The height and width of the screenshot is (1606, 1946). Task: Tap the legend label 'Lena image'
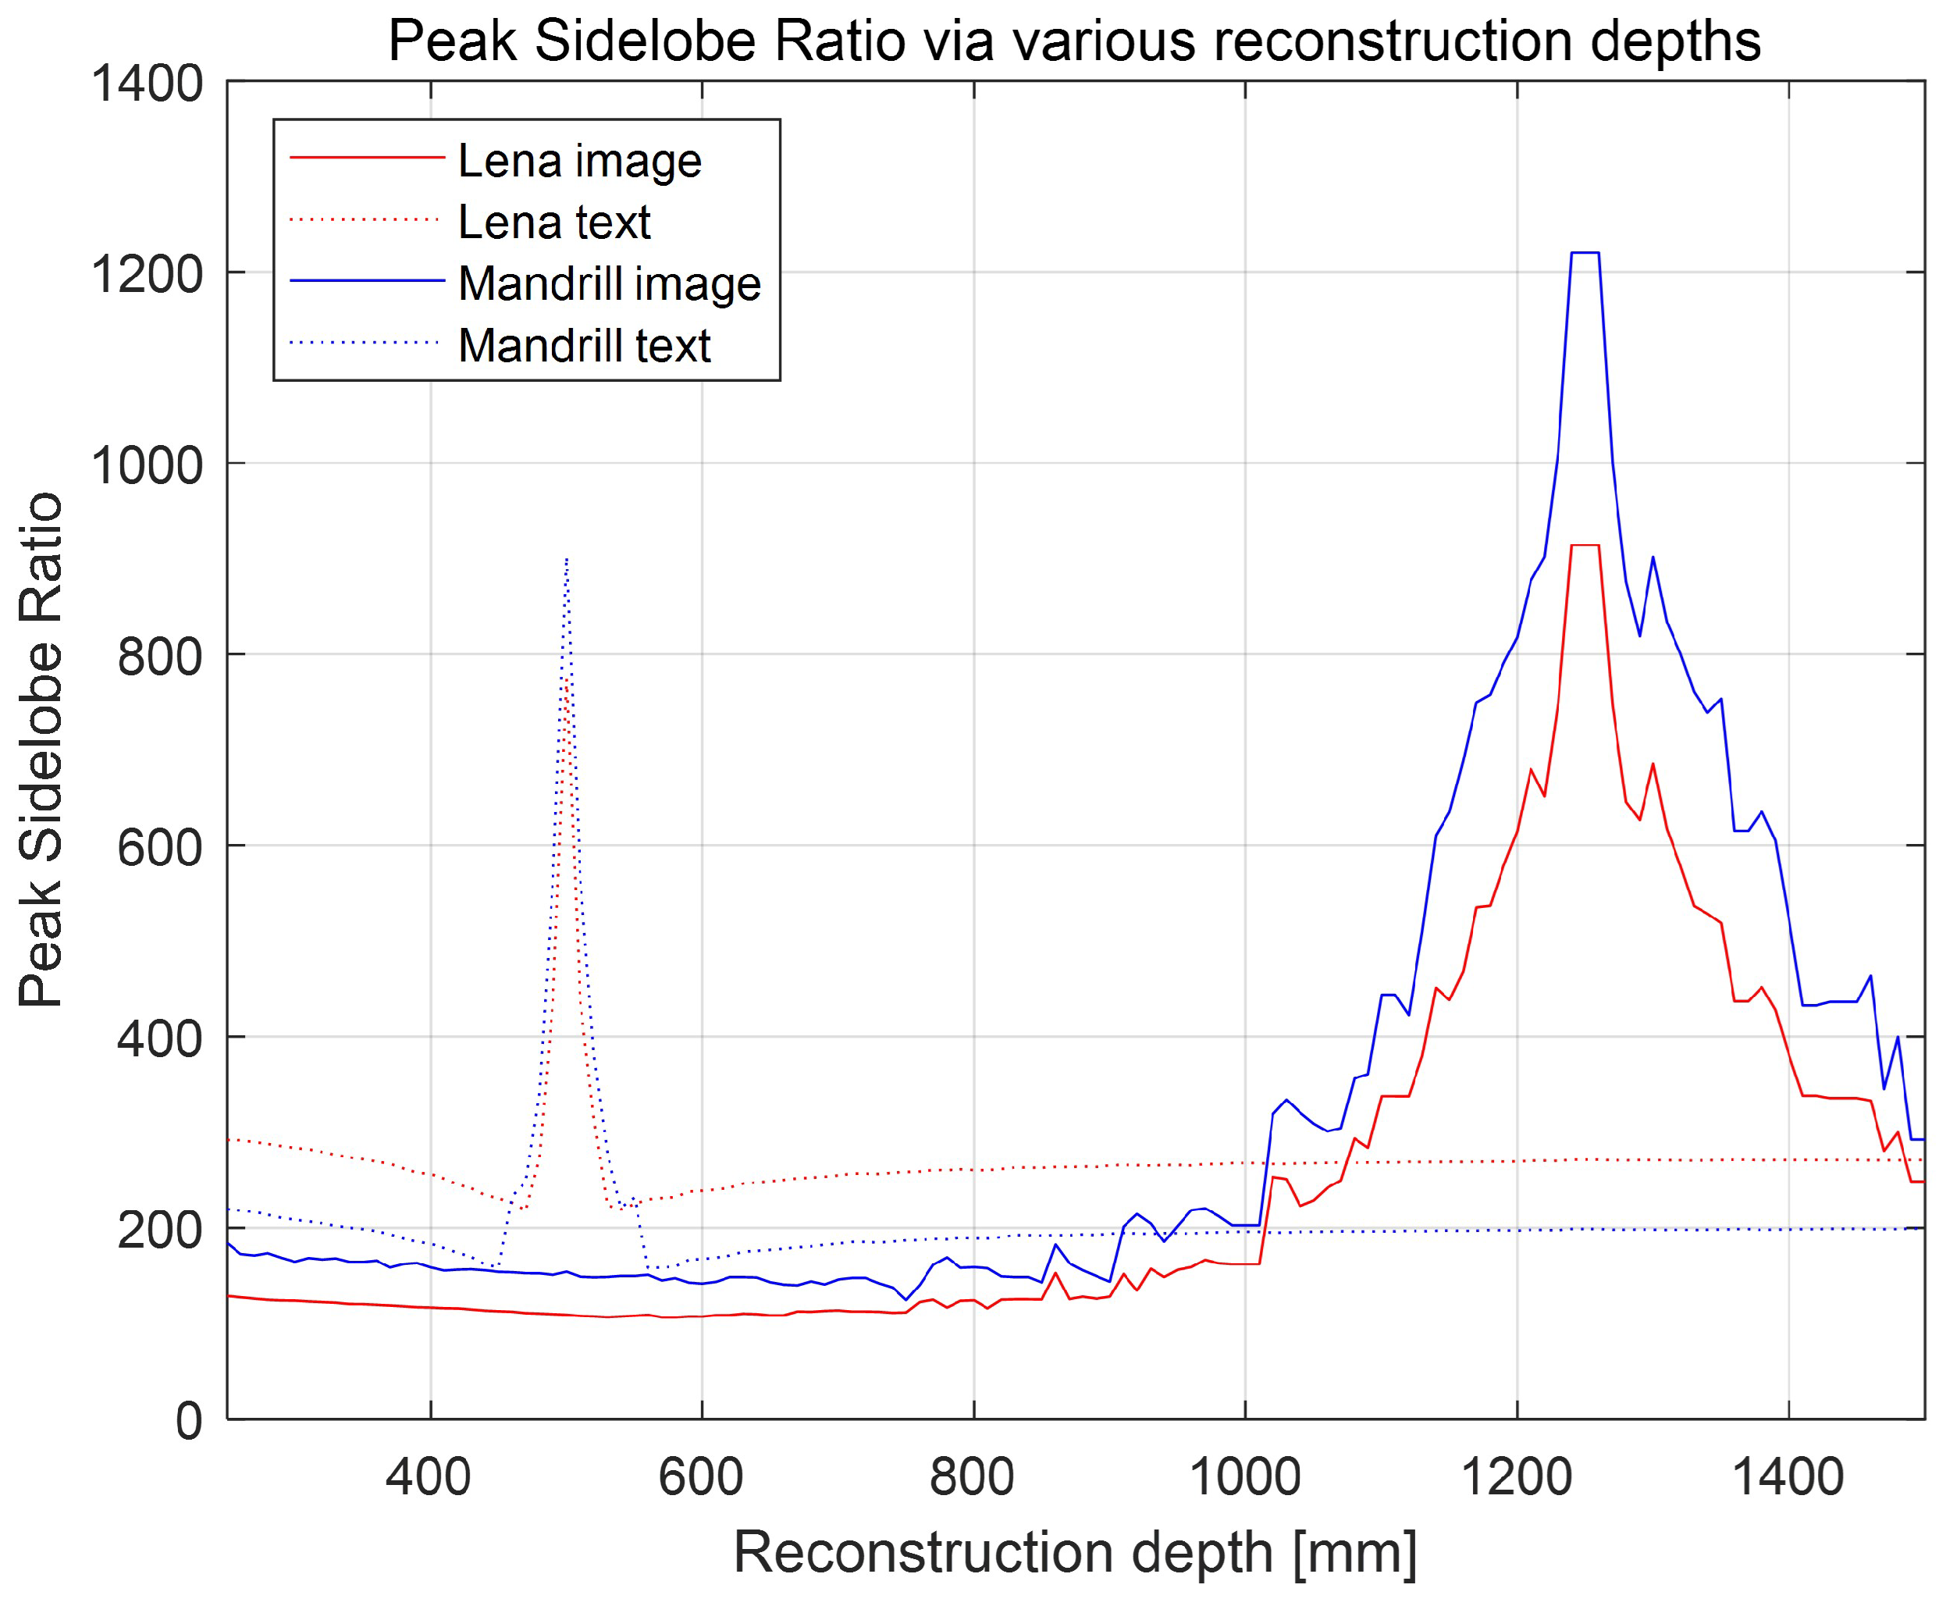coord(579,162)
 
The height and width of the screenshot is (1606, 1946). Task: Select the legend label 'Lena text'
coord(554,223)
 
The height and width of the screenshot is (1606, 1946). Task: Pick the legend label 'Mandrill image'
coord(609,284)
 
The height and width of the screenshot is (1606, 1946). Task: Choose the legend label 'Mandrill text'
coord(584,346)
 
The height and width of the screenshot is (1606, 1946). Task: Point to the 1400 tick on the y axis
coord(146,84)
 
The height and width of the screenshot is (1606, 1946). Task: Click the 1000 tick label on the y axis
coord(146,465)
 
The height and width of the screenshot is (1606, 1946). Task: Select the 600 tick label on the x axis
coord(700,1476)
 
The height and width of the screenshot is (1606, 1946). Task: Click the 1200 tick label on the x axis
coord(1515,1476)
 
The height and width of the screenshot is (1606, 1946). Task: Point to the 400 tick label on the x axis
coord(429,1476)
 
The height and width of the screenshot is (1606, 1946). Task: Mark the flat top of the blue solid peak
coord(1585,252)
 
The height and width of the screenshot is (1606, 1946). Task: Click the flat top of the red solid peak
coord(1585,546)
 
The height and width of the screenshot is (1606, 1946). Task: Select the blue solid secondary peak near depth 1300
coord(1652,557)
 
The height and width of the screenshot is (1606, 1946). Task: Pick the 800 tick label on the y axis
coord(159,656)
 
